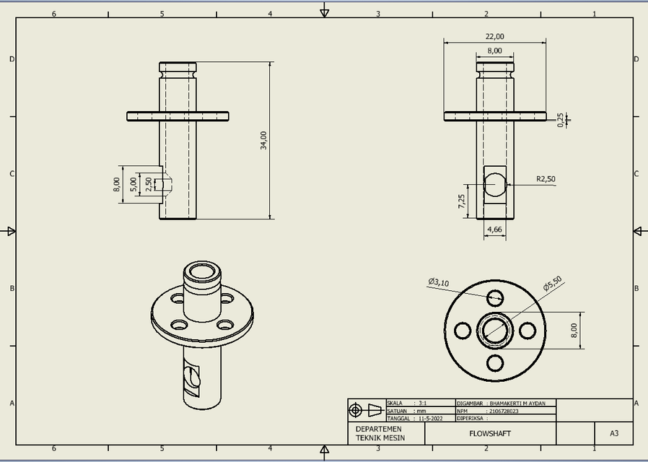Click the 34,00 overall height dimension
tap(264, 140)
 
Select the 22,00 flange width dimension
tap(494, 37)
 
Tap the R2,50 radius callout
tap(546, 179)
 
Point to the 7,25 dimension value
tap(462, 201)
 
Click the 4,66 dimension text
tap(494, 230)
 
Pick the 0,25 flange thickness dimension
tap(561, 120)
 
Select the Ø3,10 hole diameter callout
tap(438, 283)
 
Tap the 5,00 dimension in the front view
tap(133, 184)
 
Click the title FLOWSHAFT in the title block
tap(490, 434)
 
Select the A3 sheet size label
tap(614, 434)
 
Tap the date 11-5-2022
tap(430, 418)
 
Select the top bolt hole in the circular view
tap(495, 297)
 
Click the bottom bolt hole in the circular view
tap(495, 363)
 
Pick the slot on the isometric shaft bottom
tap(193, 375)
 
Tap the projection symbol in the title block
tap(366, 410)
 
